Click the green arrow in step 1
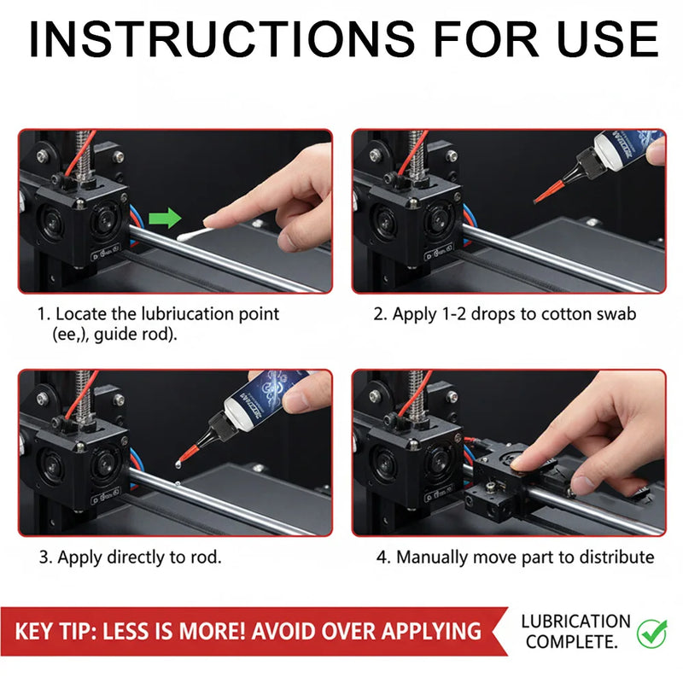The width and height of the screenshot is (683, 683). (165, 218)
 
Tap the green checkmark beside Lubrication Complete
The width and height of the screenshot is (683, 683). (652, 633)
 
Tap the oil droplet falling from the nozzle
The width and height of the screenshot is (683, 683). (178, 464)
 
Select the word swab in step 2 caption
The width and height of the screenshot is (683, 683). (616, 313)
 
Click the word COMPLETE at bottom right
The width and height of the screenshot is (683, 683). (571, 642)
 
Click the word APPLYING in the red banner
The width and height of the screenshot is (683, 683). (431, 631)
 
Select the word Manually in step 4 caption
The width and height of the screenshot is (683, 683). (432, 557)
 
